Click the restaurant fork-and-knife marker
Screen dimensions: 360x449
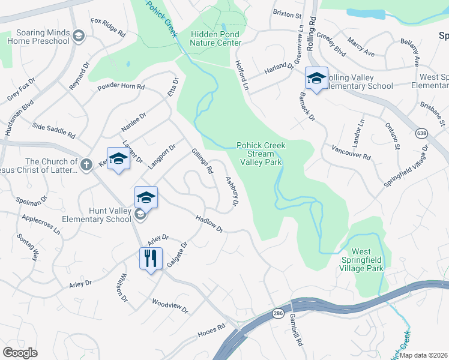[x=149, y=258]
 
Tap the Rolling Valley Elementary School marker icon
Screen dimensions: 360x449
[x=316, y=78]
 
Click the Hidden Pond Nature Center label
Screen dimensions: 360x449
[x=215, y=38]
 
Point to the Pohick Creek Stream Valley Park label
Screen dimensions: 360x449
[x=261, y=153]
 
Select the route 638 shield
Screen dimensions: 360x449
[x=421, y=131]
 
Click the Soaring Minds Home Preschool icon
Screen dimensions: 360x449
[x=78, y=37]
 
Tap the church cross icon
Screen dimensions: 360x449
[x=86, y=163]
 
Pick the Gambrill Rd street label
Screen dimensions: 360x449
[x=297, y=329]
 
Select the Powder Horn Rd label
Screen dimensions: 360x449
[x=122, y=87]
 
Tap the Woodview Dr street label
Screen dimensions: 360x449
[x=170, y=306]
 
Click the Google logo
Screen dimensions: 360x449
[x=20, y=353]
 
